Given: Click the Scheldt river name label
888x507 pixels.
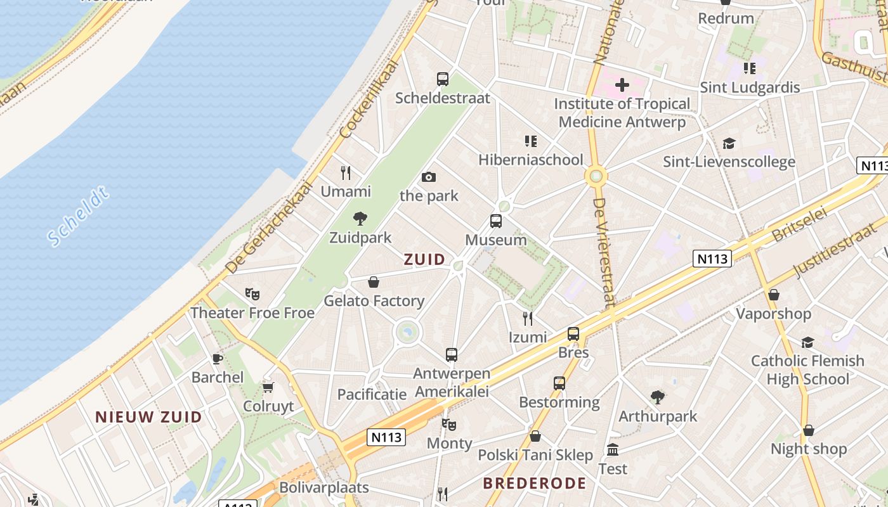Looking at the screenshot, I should coord(79,216).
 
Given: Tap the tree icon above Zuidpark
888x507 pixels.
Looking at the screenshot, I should coord(360,219).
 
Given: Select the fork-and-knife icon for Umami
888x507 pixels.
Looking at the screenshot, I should coord(346,172).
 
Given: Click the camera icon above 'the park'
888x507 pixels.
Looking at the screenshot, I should coord(429,177).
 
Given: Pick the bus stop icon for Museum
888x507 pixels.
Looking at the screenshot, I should coord(496,221).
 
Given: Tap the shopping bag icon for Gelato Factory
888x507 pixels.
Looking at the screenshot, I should coord(374,282).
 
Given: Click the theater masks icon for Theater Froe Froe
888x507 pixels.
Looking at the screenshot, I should coord(252,294).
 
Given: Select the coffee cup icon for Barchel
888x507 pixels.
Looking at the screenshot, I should coord(217,359).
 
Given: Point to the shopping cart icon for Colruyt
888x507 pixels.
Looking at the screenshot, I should coord(268,387).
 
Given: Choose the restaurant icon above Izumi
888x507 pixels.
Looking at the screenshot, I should coord(527,318).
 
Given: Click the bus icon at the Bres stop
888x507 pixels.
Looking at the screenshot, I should coord(573,333).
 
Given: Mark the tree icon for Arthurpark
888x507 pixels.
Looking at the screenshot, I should coord(658,397).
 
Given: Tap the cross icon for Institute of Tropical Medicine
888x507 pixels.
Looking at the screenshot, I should coord(622,84).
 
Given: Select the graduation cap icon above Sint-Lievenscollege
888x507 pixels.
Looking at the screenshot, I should coord(729,143).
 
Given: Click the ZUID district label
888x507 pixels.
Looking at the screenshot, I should coord(424,259).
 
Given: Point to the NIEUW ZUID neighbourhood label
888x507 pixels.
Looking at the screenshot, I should coord(148,417).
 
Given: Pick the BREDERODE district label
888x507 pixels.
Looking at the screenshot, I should coord(534,484).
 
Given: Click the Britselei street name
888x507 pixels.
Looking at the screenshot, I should coord(800,226).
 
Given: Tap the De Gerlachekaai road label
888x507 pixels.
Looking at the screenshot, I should coord(270,228).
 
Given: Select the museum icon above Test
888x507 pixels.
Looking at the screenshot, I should coord(613,450).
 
